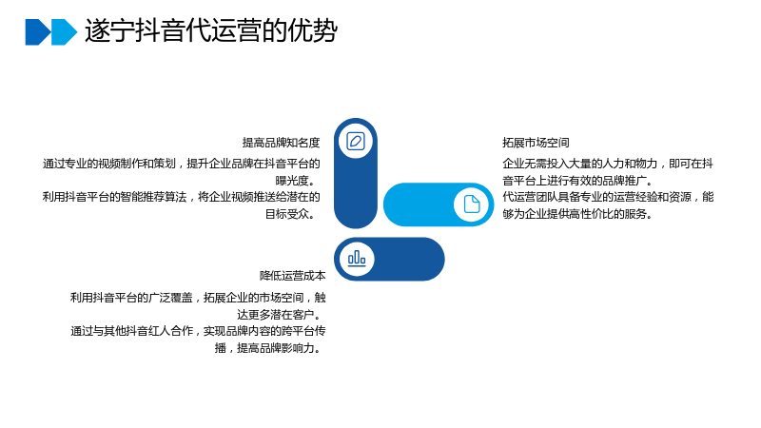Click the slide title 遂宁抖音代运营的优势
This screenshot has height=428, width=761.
pos(211,31)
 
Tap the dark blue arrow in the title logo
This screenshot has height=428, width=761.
pos(38,32)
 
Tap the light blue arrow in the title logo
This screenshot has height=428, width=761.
pos(64,32)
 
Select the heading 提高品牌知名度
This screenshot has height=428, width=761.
pos(281,143)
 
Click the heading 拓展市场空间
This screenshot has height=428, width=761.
pos(536,143)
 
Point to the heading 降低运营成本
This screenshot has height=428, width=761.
pos(293,276)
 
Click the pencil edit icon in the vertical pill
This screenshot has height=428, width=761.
pos(356,141)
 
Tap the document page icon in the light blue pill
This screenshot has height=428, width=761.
pos(471,204)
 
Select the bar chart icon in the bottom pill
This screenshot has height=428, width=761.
pos(357,258)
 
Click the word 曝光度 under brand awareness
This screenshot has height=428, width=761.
pos(292,181)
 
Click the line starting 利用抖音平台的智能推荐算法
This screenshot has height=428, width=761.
pos(181,197)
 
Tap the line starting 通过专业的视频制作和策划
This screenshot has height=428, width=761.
pos(181,164)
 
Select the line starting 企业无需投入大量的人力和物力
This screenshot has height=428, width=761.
pos(608,164)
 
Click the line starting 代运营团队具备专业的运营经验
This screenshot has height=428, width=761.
pos(608,197)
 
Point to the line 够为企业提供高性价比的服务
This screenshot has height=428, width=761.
pos(577,214)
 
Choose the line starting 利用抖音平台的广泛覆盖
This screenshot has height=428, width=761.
pos(198,298)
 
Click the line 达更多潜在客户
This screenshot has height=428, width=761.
pos(281,315)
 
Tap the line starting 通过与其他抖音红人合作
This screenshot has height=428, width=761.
pos(198,331)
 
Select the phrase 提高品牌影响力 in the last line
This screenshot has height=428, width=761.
pos(275,348)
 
